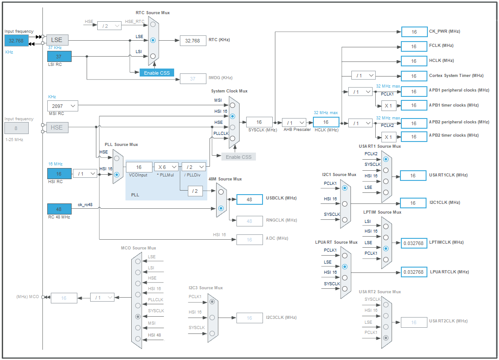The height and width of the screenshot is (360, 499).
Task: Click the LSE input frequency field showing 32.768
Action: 16,40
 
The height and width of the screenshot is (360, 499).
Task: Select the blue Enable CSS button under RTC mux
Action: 156,73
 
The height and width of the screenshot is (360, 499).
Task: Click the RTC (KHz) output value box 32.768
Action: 193,40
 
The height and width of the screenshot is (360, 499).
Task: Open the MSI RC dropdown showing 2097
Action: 62,106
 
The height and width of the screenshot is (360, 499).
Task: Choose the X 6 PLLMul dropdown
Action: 166,167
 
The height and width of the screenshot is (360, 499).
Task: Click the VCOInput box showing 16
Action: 139,167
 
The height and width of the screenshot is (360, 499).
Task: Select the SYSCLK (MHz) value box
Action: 259,122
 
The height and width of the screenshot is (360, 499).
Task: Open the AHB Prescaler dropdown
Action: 294,123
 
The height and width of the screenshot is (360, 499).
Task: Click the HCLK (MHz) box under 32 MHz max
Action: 326,122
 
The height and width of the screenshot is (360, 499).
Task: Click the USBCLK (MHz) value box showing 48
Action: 249,199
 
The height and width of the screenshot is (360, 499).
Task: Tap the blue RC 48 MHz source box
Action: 59,209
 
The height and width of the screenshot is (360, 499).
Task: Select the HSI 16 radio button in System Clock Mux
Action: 232,116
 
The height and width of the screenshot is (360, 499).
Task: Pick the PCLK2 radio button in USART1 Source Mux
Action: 386,159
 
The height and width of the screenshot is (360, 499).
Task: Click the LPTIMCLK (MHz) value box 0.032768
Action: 414,243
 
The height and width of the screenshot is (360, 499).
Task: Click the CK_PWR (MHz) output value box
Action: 414,32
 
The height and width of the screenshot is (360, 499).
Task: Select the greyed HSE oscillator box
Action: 57,127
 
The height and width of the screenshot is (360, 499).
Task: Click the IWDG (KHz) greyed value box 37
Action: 193,78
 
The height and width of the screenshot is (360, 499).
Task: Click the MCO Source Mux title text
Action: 138,248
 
